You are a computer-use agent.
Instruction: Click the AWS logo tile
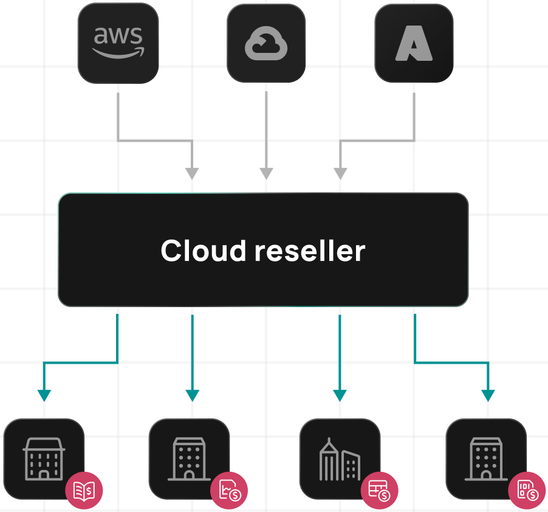[118, 43]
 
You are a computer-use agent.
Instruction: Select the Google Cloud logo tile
[266, 43]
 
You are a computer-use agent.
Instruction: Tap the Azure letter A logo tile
[414, 43]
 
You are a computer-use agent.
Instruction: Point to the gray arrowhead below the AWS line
[192, 173]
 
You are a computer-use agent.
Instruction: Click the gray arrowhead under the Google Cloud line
[266, 173]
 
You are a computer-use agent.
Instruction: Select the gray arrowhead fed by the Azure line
[340, 173]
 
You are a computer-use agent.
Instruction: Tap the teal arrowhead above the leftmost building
[44, 396]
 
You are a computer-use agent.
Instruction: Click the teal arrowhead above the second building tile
[192, 396]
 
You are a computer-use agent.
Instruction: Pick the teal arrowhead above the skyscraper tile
[340, 396]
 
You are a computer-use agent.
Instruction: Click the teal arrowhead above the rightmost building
[488, 396]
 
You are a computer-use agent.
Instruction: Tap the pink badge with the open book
[84, 490]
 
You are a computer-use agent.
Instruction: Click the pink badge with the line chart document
[230, 490]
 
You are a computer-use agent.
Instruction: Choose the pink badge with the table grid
[380, 490]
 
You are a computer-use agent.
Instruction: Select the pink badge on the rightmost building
[527, 490]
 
